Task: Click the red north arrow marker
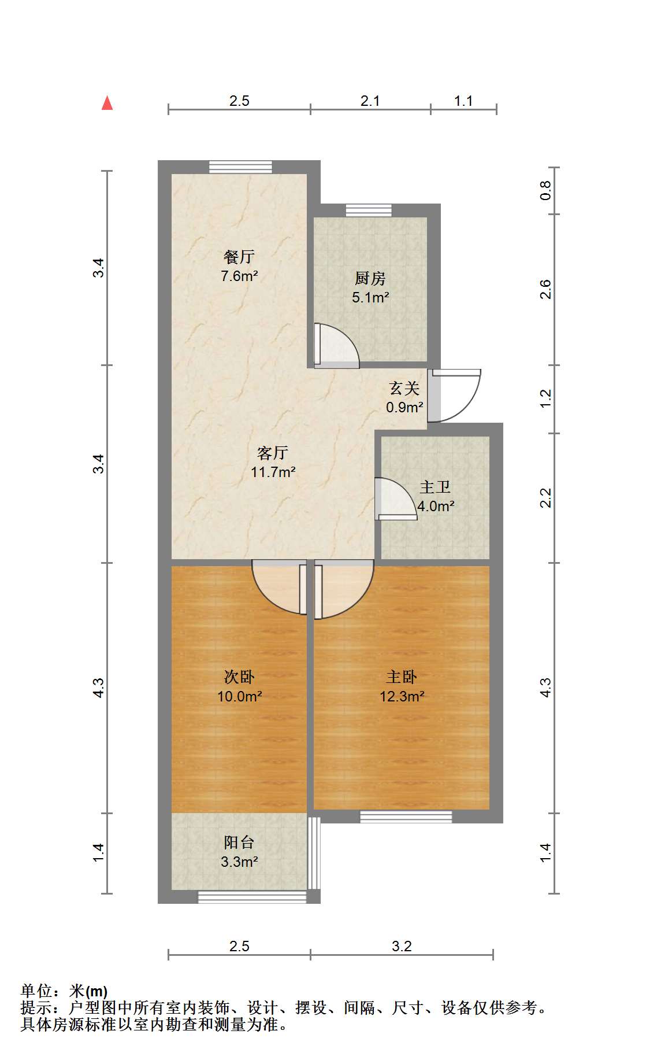tap(107, 103)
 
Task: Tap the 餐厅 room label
tap(239, 257)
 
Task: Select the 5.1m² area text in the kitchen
tap(370, 298)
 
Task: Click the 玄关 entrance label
tap(404, 388)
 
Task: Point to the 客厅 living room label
tap(273, 453)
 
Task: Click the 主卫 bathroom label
tap(435, 487)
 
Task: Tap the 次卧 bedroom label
tap(239, 677)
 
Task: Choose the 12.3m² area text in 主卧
tap(402, 697)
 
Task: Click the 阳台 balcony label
tap(239, 843)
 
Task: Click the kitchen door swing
tap(336, 346)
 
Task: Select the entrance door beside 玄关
tap(454, 396)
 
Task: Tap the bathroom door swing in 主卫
tap(396, 498)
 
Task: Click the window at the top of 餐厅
tap(240, 167)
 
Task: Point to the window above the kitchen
tap(369, 210)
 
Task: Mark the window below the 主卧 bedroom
tap(406, 817)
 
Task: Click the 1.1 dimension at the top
tap(463, 101)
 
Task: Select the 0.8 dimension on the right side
tap(545, 190)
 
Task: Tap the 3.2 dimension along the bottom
tap(402, 947)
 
